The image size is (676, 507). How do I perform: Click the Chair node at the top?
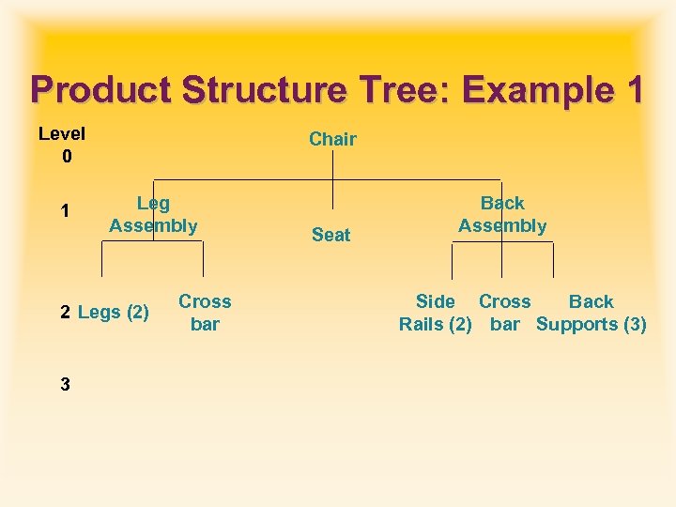click(332, 139)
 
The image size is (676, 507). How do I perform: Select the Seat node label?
click(330, 235)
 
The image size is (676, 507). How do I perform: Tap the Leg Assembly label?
click(153, 214)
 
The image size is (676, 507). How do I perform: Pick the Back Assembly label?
click(502, 214)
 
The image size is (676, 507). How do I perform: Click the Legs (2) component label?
click(114, 312)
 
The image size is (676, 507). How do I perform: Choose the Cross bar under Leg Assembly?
click(205, 313)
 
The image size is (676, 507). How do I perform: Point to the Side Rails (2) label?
click(436, 313)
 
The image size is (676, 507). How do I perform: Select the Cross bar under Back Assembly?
click(504, 313)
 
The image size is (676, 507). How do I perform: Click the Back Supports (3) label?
click(591, 313)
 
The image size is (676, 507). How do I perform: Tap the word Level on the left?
click(62, 134)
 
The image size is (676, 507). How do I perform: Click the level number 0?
click(66, 157)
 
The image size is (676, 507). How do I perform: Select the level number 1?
click(64, 211)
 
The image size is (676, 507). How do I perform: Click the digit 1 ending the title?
click(632, 91)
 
